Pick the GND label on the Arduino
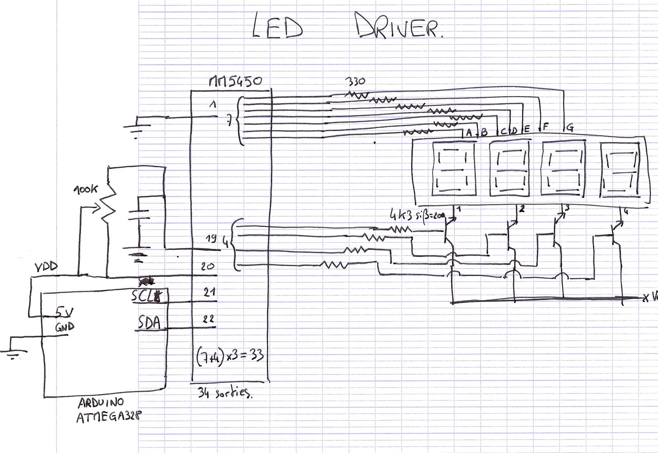click(65, 327)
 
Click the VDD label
click(46, 267)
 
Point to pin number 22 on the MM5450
click(209, 319)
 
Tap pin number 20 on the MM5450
click(208, 266)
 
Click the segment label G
click(570, 128)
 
